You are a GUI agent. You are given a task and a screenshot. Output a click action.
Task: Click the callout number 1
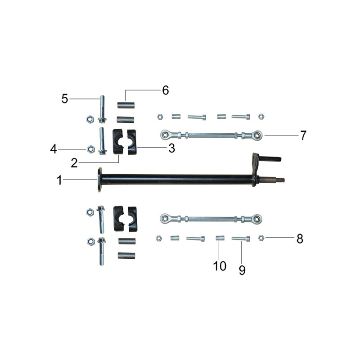coord(59,180)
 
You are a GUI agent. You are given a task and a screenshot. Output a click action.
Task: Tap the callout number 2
coord(74,163)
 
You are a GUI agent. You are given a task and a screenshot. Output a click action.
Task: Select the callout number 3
coord(172,148)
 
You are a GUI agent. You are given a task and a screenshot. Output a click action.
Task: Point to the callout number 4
coord(54,149)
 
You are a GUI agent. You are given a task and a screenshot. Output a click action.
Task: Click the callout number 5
coord(65,99)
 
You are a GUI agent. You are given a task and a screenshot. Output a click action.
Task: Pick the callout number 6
coord(166,90)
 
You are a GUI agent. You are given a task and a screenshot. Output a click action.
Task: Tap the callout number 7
coord(303,135)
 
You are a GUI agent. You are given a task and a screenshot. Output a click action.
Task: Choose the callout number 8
coord(300,239)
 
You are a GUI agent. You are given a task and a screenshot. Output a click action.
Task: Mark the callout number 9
coord(242,270)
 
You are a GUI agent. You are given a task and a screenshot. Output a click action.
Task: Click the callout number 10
coord(220,266)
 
